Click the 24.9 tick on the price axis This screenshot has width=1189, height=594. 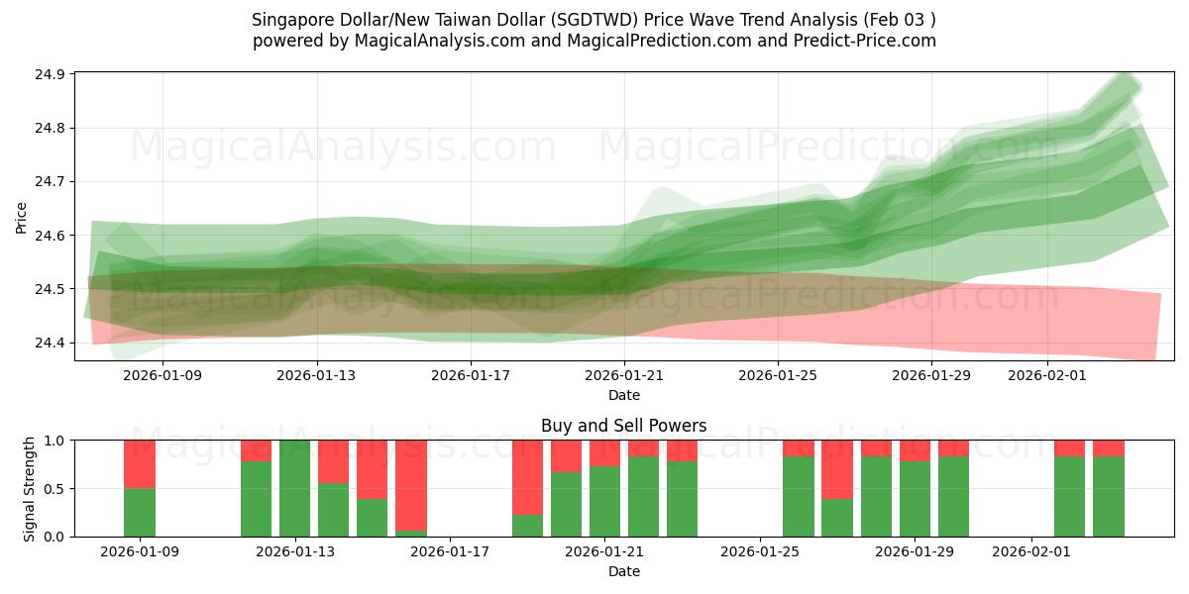pyautogui.click(x=52, y=74)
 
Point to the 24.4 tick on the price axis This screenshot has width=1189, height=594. pyautogui.click(x=52, y=343)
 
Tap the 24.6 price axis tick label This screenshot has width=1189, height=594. pyautogui.click(x=52, y=236)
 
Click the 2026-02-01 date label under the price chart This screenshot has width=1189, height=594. pyautogui.click(x=1048, y=375)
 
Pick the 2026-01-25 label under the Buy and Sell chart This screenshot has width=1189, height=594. pyautogui.click(x=760, y=551)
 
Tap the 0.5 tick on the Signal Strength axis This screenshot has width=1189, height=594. pyautogui.click(x=54, y=488)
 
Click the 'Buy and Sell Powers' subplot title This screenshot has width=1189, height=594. pyautogui.click(x=623, y=427)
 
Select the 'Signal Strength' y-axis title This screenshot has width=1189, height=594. pyautogui.click(x=29, y=488)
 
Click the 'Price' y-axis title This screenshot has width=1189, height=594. pyautogui.click(x=22, y=218)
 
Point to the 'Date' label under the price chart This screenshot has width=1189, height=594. pyautogui.click(x=623, y=395)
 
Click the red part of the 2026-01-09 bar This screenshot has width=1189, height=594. pyautogui.click(x=140, y=463)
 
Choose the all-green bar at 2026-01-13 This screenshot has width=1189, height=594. pyautogui.click(x=295, y=488)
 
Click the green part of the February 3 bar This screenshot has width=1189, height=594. pyautogui.click(x=1109, y=497)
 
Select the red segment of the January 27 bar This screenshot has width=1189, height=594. pyautogui.click(x=837, y=469)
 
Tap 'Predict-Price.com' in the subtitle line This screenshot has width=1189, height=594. pyautogui.click(x=868, y=41)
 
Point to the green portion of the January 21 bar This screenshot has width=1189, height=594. pyautogui.click(x=604, y=502)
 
